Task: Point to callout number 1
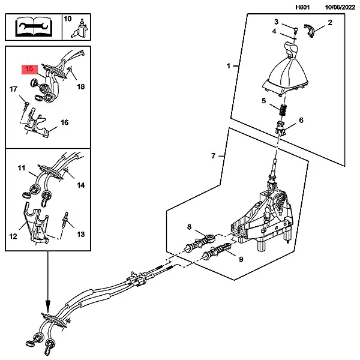click(x=228, y=65)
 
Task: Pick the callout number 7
click(x=214, y=156)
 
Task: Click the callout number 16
click(x=64, y=122)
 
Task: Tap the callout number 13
click(x=82, y=235)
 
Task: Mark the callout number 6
click(x=301, y=120)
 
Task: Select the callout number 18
click(x=81, y=86)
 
